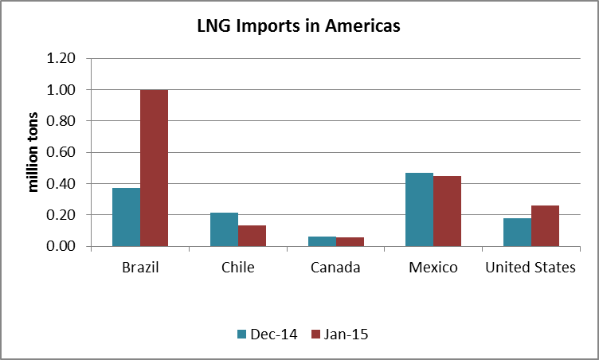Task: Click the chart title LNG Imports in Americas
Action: pyautogui.click(x=299, y=26)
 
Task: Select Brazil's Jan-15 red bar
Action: pyautogui.click(x=154, y=168)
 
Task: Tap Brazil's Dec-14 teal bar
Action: pyautogui.click(x=126, y=217)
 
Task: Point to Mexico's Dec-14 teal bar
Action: pyautogui.click(x=419, y=209)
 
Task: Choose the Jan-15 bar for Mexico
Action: pyautogui.click(x=447, y=211)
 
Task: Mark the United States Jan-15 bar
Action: pyautogui.click(x=545, y=226)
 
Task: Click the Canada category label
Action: pyautogui.click(x=335, y=268)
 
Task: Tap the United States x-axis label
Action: pyautogui.click(x=530, y=268)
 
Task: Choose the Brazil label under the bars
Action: pyautogui.click(x=140, y=268)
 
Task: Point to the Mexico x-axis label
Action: pyautogui.click(x=433, y=268)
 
